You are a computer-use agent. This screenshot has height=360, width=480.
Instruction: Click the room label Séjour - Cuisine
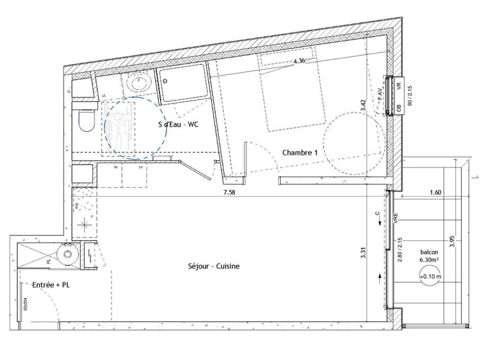pyautogui.click(x=213, y=266)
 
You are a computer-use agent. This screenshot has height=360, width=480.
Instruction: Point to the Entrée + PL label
pyautogui.click(x=51, y=285)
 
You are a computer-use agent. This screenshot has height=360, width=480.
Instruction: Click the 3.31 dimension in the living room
pyautogui.click(x=363, y=252)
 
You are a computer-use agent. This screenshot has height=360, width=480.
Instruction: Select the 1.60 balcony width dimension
pyautogui.click(x=435, y=193)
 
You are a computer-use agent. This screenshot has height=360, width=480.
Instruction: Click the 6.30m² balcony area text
pyautogui.click(x=428, y=260)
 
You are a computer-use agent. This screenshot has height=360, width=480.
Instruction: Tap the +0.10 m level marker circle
pyautogui.click(x=429, y=277)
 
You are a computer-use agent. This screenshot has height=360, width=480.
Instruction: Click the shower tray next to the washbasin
pyautogui.click(x=182, y=82)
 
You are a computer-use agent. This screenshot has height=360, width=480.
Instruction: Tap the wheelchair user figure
pyautogui.click(x=118, y=128)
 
